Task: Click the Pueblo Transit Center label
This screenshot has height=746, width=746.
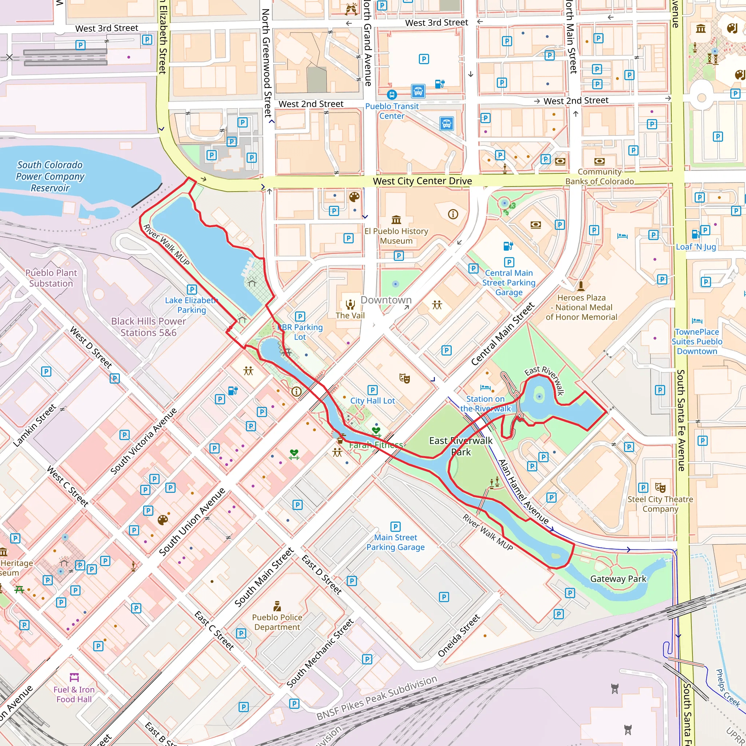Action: click(392, 111)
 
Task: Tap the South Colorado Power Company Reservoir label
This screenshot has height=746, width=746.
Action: click(50, 176)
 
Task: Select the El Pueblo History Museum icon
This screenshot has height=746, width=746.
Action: click(396, 220)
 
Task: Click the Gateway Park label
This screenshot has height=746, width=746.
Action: click(618, 579)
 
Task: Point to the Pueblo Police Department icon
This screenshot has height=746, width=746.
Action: click(277, 605)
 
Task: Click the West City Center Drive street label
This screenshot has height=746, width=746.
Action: click(422, 181)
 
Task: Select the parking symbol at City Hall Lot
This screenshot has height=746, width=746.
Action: click(372, 390)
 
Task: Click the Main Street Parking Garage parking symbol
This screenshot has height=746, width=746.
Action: click(395, 527)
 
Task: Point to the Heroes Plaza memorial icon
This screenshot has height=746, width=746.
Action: click(581, 286)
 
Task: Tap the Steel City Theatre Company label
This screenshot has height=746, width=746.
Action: click(660, 504)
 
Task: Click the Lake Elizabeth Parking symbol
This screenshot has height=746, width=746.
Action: click(192, 290)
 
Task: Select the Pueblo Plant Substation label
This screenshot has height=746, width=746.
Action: click(51, 278)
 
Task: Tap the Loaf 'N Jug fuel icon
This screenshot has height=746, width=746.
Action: click(695, 234)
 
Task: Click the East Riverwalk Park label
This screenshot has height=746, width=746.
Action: click(461, 446)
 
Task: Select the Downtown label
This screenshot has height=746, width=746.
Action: click(386, 300)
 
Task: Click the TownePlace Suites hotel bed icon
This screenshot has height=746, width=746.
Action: click(697, 321)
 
